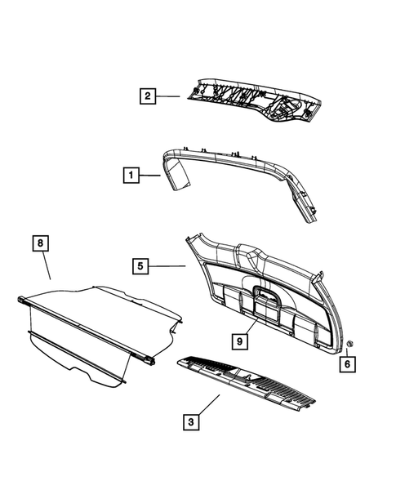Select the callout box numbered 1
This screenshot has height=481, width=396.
[129, 174]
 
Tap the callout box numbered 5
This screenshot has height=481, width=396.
[141, 265]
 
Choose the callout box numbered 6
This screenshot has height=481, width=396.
[348, 364]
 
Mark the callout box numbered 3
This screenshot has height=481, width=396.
[191, 422]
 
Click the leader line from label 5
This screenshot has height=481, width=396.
[168, 265]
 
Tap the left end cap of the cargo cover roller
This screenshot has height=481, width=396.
[20, 300]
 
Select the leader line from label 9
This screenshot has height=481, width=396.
[250, 326]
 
